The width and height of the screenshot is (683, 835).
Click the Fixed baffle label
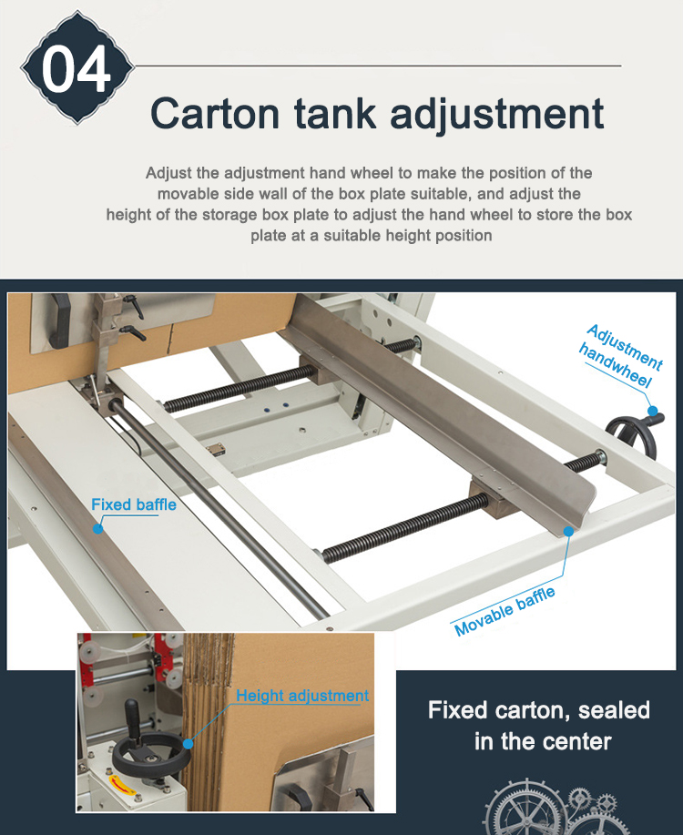pos(133,504)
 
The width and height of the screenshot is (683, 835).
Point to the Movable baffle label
pos(504,612)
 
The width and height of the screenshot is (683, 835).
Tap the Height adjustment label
pos(302,696)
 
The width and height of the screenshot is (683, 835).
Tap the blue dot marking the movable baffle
pos(568,529)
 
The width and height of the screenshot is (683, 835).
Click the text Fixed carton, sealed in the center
pos(539,725)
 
